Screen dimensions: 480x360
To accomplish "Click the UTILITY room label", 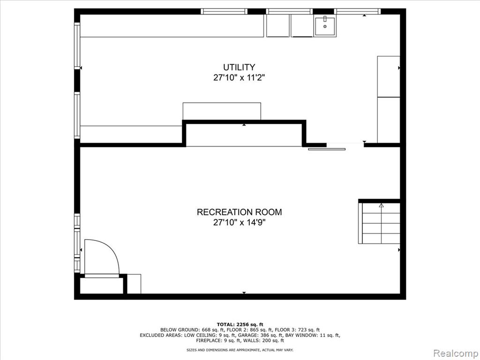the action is (x=239, y=67).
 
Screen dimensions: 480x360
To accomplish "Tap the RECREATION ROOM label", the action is (x=239, y=212).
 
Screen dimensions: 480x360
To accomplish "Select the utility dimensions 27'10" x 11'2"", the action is (x=239, y=78).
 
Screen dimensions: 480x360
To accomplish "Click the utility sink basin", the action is (x=325, y=26).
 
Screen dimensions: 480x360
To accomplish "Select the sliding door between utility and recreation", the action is (x=327, y=149).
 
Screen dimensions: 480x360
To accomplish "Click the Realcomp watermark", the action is (x=456, y=353).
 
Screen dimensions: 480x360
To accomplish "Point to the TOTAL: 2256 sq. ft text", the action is (x=240, y=324).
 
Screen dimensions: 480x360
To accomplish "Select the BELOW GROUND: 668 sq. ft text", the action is (x=192, y=330).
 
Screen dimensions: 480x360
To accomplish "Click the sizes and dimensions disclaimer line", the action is (x=240, y=350).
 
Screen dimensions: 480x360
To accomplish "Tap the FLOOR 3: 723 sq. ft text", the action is (x=297, y=330).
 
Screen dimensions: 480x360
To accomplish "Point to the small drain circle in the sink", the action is (x=325, y=27).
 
